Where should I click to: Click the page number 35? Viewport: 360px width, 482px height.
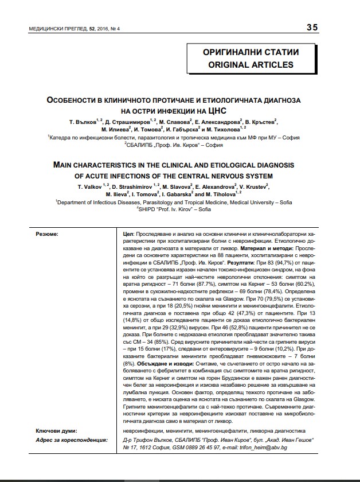(x=312, y=28)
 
